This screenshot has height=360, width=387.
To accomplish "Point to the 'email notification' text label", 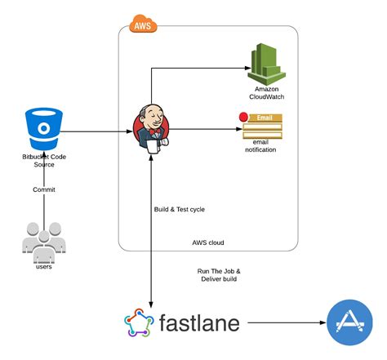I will [x=260, y=146].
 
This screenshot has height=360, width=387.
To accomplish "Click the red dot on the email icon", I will [x=242, y=118].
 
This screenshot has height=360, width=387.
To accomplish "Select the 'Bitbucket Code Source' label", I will [x=38, y=159].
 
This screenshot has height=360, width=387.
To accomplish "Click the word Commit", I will [x=44, y=189].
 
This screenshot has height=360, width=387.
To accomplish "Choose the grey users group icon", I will [x=39, y=239].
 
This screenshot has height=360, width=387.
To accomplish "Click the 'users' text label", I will [x=42, y=266].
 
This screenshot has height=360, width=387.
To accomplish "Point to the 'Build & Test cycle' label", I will [x=180, y=209].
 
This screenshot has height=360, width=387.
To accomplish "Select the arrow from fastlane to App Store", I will [x=286, y=324].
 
